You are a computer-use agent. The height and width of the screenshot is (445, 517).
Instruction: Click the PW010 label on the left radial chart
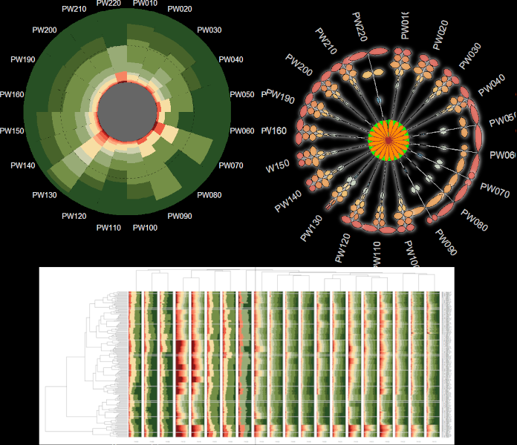(144, 4)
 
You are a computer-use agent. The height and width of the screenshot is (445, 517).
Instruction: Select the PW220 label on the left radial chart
(109, 4)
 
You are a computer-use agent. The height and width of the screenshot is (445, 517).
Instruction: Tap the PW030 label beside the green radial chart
(209, 30)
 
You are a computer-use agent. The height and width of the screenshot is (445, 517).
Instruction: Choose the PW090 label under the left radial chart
(180, 217)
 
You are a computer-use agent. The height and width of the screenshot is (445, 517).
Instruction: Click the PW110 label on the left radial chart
(108, 228)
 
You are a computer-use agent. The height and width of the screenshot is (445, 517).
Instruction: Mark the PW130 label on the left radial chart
(45, 195)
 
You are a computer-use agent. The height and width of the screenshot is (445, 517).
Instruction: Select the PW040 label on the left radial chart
(231, 59)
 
